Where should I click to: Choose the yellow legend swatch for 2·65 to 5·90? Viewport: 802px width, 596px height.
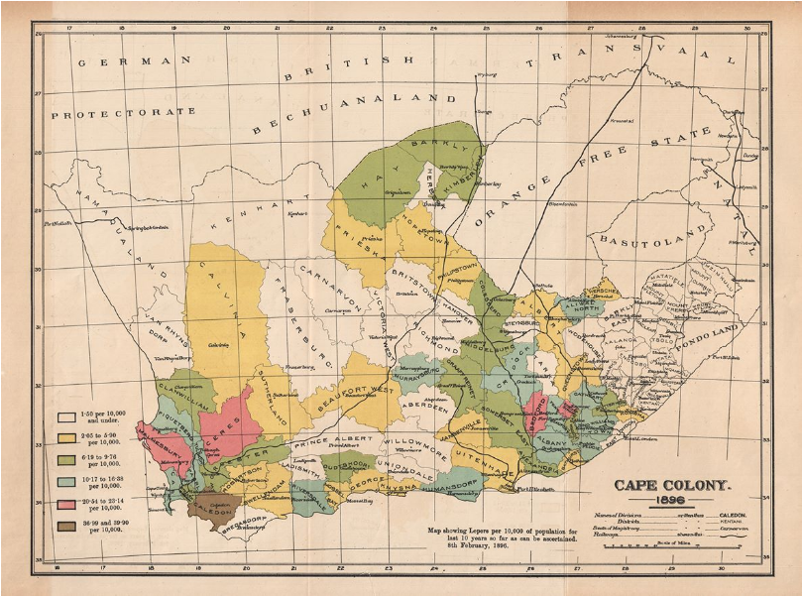[66, 437]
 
